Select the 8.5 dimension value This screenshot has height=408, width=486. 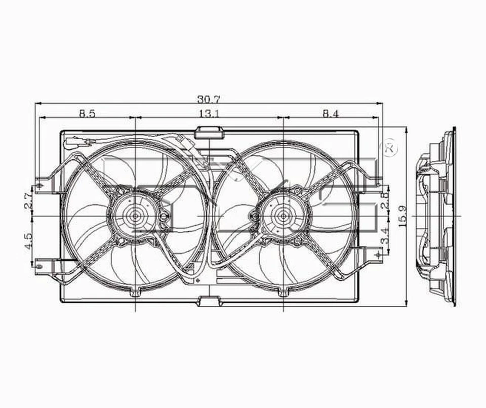pyautogui.click(x=87, y=113)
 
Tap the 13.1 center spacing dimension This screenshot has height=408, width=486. pyautogui.click(x=209, y=113)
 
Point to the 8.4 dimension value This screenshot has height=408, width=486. pyautogui.click(x=330, y=113)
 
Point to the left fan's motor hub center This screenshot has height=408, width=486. pyautogui.click(x=136, y=215)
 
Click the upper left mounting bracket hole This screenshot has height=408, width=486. pyautogui.click(x=40, y=185)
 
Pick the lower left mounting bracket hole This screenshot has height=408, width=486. pyautogui.click(x=40, y=263)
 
